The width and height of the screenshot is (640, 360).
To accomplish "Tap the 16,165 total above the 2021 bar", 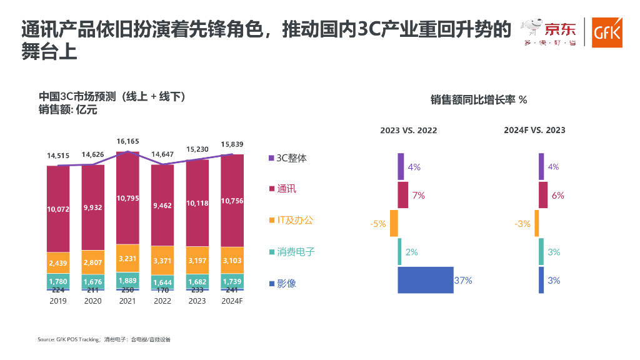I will pyautogui.click(x=127, y=142).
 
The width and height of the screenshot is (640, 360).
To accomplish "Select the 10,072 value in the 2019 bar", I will pyautogui.click(x=58, y=209).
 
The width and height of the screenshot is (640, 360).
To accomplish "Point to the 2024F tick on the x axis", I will pyautogui.click(x=232, y=301).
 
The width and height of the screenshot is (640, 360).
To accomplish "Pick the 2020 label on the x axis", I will pyautogui.click(x=92, y=301).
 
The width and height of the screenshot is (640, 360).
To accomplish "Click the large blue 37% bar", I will pyautogui.click(x=425, y=280).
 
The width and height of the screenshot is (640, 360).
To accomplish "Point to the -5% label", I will pyautogui.click(x=379, y=224).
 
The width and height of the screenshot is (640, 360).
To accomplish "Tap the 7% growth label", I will pyautogui.click(x=418, y=196).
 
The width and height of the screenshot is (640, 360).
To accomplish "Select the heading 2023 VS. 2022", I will pyautogui.click(x=409, y=131).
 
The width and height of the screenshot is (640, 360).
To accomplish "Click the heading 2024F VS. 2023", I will pyautogui.click(x=534, y=130).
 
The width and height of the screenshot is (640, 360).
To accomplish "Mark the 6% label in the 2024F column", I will pyautogui.click(x=557, y=196).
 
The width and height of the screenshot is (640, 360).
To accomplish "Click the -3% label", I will pyautogui.click(x=522, y=224).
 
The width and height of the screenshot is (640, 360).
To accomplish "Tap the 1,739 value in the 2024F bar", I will pyautogui.click(x=232, y=282).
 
